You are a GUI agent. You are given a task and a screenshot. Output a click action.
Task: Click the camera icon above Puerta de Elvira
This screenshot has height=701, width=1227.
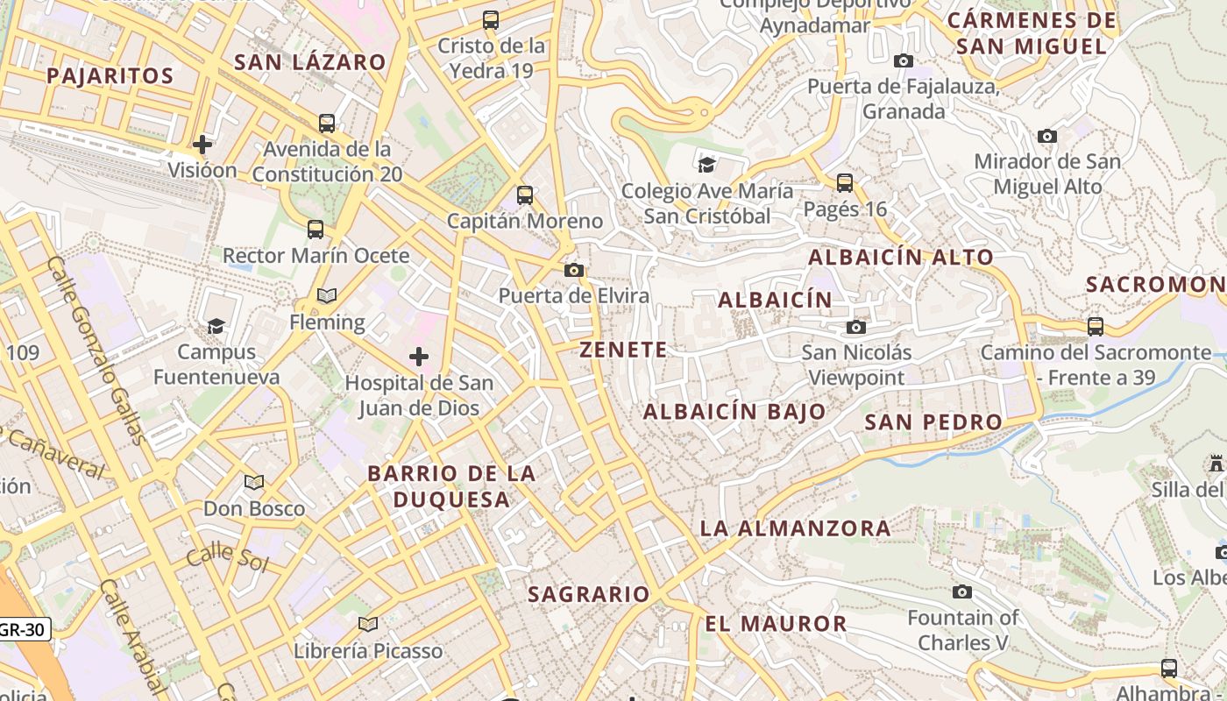(x=574, y=270)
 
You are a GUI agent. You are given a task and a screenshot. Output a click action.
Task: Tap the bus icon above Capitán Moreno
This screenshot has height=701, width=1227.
(x=525, y=195)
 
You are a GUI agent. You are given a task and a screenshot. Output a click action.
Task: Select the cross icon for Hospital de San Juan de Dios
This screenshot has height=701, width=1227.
(x=419, y=357)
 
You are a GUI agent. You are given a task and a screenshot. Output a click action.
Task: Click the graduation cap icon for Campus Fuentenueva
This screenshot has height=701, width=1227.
(x=216, y=326)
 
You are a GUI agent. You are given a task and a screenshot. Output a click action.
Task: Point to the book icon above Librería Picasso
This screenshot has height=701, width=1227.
(x=368, y=625)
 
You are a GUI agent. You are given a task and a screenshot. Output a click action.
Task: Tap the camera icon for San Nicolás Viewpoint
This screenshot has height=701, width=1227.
(x=855, y=328)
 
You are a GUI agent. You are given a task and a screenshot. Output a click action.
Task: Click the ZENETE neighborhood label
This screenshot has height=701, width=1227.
(x=623, y=350)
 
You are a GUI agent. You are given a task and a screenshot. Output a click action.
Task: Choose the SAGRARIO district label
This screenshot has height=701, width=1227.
(x=588, y=594)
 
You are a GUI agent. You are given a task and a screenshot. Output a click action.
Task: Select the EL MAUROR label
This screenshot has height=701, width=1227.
(x=776, y=624)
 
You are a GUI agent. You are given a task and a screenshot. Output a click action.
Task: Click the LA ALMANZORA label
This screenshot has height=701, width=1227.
(x=795, y=528)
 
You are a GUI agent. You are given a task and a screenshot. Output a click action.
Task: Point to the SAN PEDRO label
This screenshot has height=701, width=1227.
(x=933, y=421)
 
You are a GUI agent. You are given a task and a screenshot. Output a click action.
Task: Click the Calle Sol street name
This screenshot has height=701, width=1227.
(x=227, y=556)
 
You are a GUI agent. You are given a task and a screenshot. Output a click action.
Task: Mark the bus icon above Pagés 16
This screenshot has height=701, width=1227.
(x=845, y=183)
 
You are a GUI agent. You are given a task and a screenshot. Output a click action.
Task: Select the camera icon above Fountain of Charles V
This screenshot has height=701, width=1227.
(x=962, y=592)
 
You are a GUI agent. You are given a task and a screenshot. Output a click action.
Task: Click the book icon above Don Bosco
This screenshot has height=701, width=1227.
(x=254, y=483)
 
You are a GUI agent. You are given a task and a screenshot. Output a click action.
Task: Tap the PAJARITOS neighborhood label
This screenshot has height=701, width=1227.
(x=110, y=75)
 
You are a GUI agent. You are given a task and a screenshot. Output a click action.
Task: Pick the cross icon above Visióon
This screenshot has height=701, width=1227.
(x=202, y=145)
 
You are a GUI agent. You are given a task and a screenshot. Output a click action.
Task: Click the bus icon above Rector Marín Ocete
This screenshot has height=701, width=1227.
(x=316, y=230)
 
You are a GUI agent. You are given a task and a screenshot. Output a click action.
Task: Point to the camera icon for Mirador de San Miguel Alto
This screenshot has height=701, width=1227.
(x=1046, y=137)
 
